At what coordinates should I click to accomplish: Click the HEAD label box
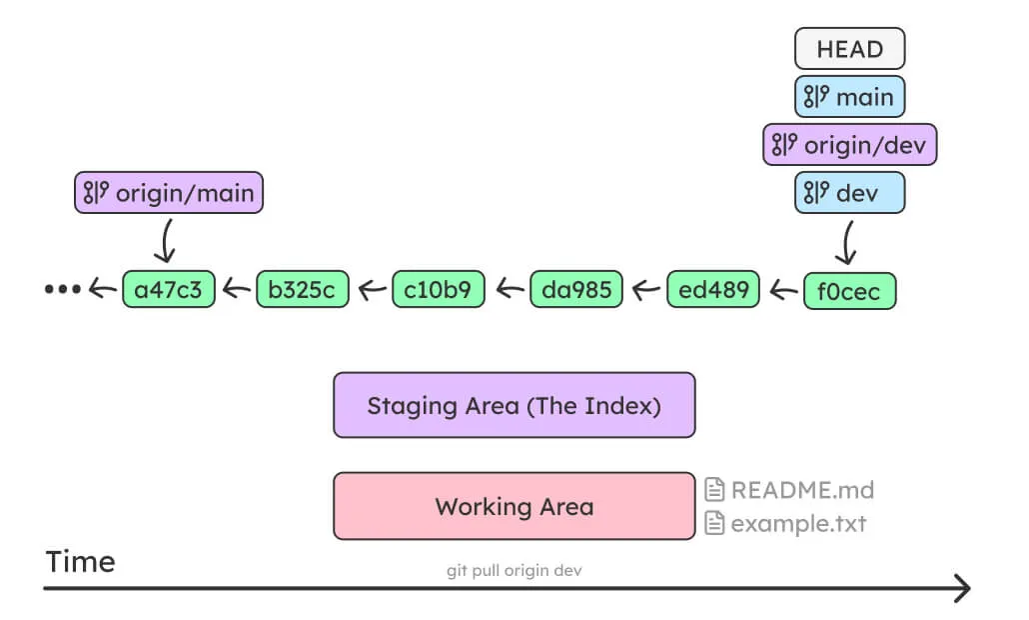[x=849, y=49]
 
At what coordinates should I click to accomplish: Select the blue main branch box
[x=849, y=97]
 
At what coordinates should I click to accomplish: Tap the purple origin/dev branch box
[x=849, y=145]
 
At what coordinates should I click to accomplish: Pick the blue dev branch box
[x=849, y=193]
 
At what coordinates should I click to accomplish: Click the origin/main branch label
[x=169, y=193]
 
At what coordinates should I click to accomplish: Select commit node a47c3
[x=168, y=290]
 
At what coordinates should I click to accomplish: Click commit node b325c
[x=303, y=290]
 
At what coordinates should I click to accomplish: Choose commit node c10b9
[x=439, y=290]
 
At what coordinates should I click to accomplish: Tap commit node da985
[x=575, y=290]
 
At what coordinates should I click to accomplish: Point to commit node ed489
[x=712, y=290]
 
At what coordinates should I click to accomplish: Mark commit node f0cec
[x=849, y=290]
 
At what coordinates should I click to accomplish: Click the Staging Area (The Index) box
[x=514, y=405]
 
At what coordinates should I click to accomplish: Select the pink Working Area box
[x=514, y=506]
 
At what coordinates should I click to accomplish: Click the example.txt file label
[x=785, y=523]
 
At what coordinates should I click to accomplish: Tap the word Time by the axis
[x=80, y=562]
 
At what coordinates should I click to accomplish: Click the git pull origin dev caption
[x=514, y=571]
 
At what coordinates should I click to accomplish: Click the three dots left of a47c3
[x=62, y=290]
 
